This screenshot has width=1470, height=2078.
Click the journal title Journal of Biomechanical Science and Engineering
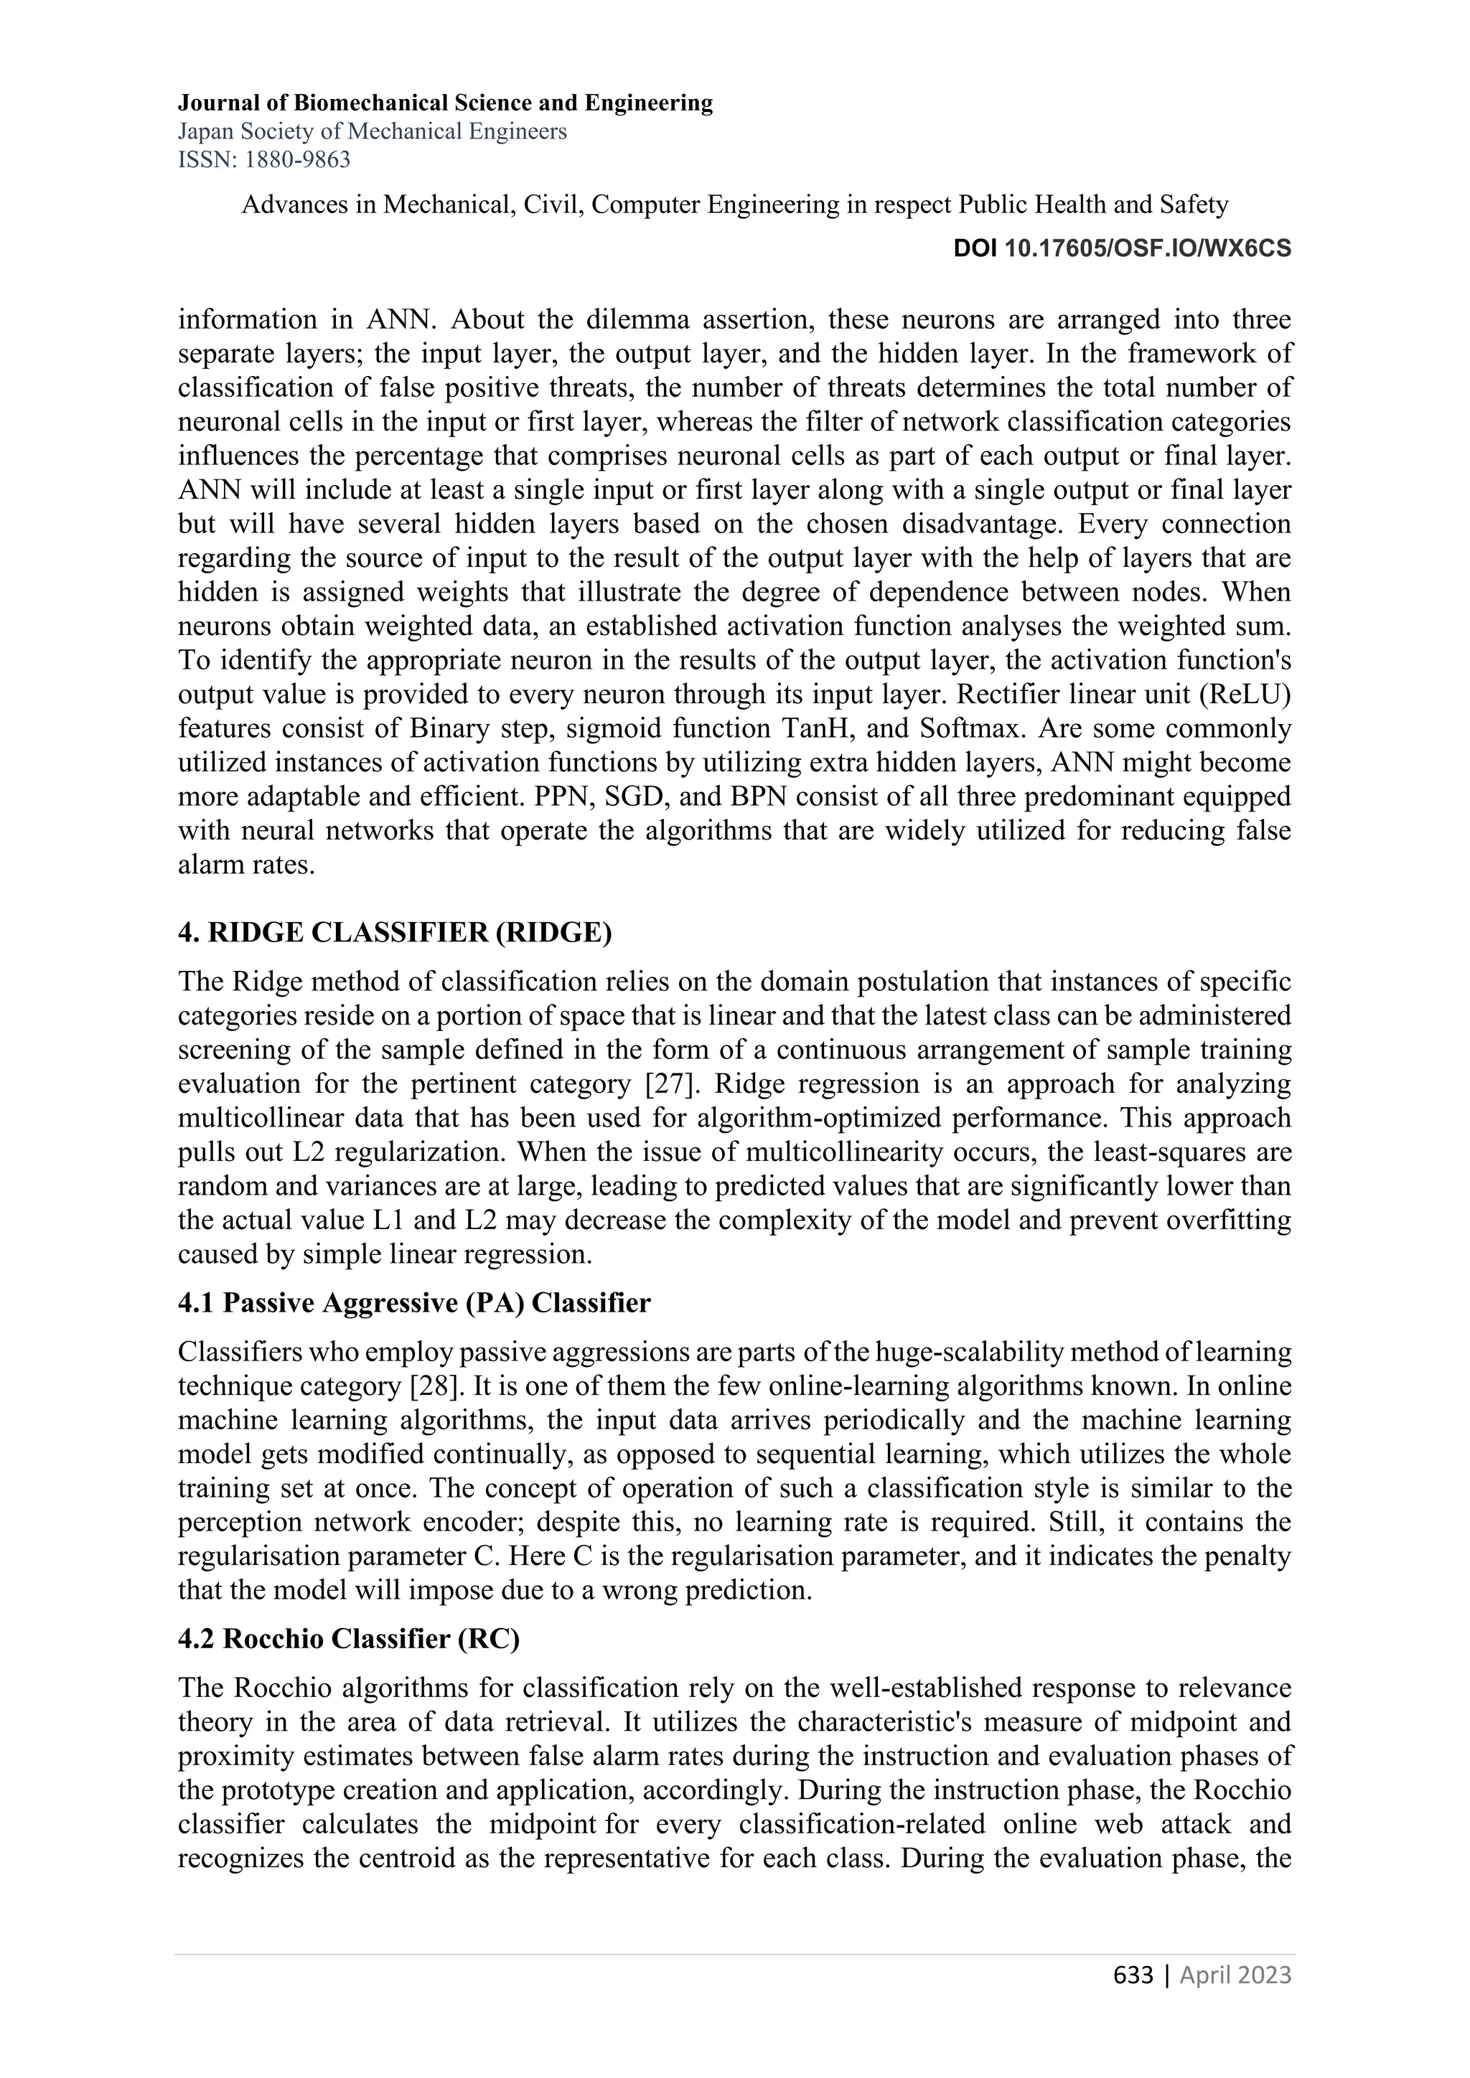pos(444,103)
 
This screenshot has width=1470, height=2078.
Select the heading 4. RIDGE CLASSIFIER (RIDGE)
pos(395,933)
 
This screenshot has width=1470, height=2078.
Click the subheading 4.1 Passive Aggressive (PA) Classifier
pos(413,1302)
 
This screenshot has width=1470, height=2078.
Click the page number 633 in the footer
pos(1133,1975)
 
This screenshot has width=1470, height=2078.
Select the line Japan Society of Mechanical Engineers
pos(372,132)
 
